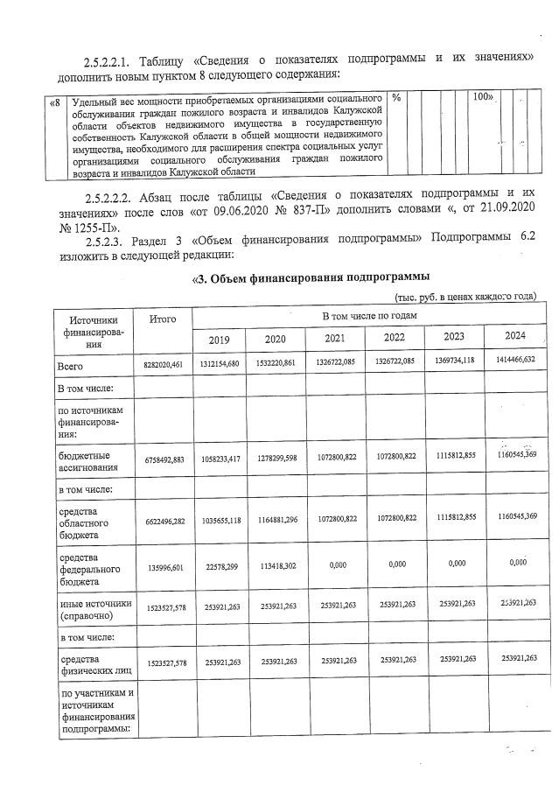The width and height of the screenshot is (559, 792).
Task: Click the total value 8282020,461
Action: click(163, 363)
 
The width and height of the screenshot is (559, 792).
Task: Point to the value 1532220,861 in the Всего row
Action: click(276, 363)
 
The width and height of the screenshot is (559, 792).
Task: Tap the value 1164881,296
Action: click(276, 519)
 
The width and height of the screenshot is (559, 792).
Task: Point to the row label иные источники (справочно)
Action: click(94, 608)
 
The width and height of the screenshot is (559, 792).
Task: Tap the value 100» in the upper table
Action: click(482, 97)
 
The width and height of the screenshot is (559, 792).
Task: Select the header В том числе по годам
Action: click(369, 314)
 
